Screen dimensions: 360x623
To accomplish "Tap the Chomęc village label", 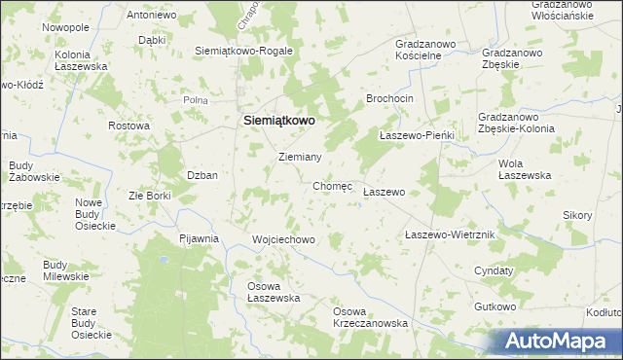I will click(332, 185).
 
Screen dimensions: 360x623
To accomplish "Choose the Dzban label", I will click(202, 175).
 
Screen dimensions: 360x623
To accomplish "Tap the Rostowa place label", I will click(128, 126).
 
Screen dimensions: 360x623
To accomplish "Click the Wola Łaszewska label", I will click(525, 169).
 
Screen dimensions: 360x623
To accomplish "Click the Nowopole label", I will click(65, 27).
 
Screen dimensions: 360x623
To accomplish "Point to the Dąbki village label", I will click(151, 41).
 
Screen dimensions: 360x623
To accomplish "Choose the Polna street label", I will click(198, 100).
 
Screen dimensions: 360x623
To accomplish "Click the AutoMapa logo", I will click(559, 342).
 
